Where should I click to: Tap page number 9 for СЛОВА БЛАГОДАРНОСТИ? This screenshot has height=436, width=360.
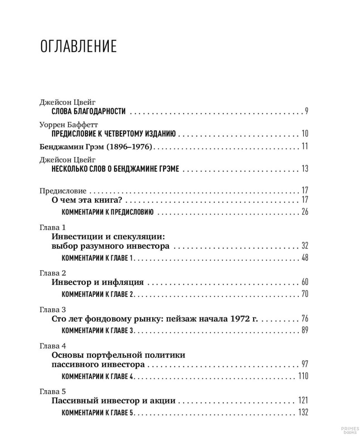[x=306, y=111]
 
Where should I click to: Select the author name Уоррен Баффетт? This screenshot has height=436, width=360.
[x=69, y=124]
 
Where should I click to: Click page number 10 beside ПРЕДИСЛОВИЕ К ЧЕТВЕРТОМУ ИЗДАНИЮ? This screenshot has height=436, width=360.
[x=304, y=133]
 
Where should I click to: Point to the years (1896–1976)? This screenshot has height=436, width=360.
[x=129, y=146]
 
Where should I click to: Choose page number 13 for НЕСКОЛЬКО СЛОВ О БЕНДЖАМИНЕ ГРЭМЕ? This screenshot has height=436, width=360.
[x=304, y=168]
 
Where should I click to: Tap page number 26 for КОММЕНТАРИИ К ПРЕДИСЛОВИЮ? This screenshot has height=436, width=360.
[x=304, y=212]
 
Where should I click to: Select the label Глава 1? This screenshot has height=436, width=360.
[x=52, y=227]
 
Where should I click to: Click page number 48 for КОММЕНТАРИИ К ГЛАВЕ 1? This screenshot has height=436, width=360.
[x=304, y=257]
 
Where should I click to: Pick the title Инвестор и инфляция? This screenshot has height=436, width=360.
[x=98, y=282]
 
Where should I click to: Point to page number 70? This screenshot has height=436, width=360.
[x=304, y=294]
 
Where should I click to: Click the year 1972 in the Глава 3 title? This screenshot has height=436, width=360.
[x=240, y=319]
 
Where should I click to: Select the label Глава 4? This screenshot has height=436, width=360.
[x=53, y=346]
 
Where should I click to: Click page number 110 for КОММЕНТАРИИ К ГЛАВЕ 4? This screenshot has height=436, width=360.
[x=303, y=376]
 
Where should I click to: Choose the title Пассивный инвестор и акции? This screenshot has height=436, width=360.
[x=113, y=401]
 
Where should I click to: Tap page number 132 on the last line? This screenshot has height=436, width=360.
[x=303, y=412]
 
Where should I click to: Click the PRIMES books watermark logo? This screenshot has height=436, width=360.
[x=350, y=430]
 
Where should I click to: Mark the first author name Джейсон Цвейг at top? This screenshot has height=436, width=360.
[x=68, y=102]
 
